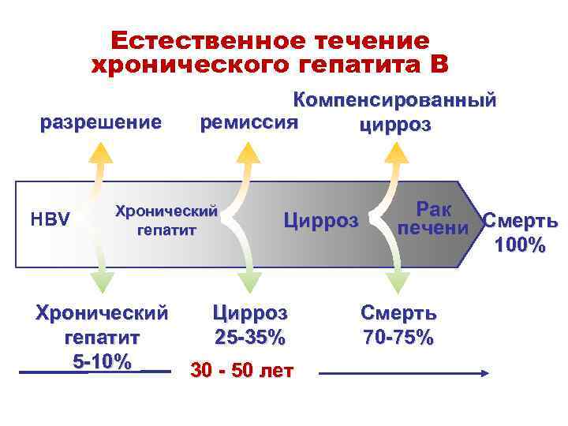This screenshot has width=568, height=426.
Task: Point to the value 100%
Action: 520,246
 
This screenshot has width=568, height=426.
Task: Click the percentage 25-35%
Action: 249,338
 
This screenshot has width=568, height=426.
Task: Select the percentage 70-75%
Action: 398,338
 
